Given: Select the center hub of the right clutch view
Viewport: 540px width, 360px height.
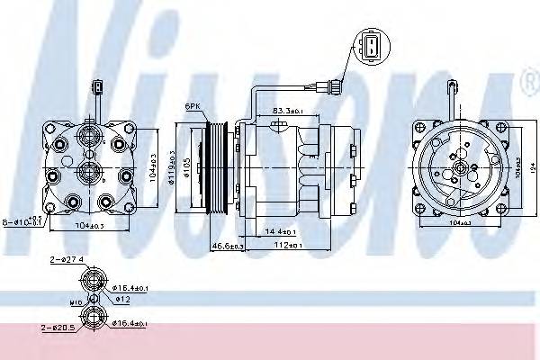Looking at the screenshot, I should click(460, 167).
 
